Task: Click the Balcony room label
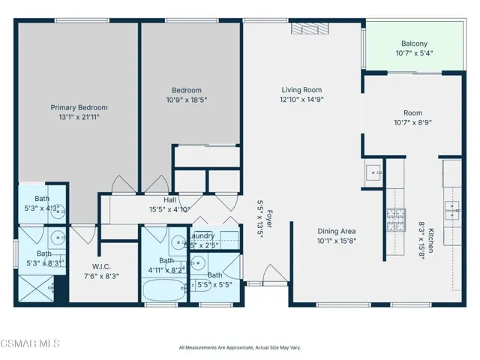tap(414, 43)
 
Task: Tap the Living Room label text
tap(301, 88)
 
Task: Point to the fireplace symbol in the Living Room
tap(304, 28)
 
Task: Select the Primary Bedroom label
tap(74, 106)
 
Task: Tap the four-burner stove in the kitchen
tap(395, 218)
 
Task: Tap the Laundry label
tap(201, 235)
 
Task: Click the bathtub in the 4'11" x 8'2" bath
tap(163, 289)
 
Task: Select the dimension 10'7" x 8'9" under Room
tap(413, 123)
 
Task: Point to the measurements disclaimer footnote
tap(239, 347)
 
